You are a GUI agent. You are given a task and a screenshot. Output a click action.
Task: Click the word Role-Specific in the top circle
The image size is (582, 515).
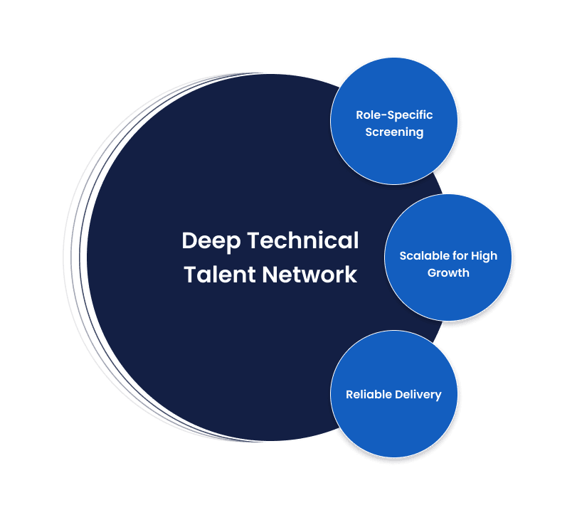click(394, 115)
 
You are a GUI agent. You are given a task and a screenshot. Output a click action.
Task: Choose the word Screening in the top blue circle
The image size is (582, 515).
click(394, 132)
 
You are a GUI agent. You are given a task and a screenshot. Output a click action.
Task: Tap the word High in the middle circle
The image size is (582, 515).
click(484, 255)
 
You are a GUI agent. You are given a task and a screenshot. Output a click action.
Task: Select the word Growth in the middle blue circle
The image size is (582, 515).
click(448, 272)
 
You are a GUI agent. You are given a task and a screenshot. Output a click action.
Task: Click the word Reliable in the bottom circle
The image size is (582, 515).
click(367, 394)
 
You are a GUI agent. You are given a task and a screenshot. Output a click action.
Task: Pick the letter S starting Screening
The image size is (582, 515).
click(369, 132)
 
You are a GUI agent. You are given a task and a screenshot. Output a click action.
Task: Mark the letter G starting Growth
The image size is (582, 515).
click(432, 272)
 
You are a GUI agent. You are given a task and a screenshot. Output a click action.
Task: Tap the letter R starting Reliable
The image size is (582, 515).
click(349, 394)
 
